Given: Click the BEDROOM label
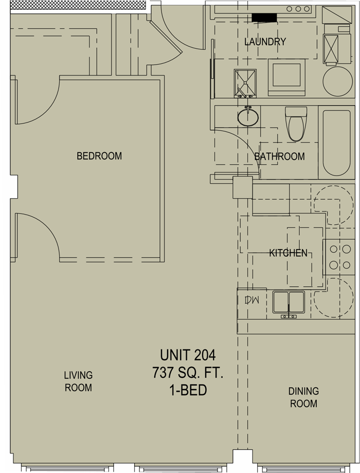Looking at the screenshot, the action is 99,156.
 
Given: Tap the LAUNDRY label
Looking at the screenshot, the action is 265,42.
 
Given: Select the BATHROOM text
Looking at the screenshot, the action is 279,156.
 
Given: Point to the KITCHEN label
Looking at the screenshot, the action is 288,253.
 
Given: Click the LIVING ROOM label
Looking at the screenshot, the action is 78,381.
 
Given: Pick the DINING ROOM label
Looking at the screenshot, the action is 303,397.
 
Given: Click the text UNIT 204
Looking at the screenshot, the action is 188,355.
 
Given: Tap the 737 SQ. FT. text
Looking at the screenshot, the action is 188,373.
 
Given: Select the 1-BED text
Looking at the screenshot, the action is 188,390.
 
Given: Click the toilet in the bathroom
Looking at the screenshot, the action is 296,124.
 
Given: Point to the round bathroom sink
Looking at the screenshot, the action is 248,117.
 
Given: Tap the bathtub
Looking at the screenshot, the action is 336,143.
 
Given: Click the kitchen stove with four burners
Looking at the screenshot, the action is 339,257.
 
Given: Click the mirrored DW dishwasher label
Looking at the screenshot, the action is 252,300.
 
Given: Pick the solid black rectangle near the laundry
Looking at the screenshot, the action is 264,18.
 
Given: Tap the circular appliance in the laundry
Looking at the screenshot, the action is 338,81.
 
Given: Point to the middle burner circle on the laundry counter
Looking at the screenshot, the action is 298,9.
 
